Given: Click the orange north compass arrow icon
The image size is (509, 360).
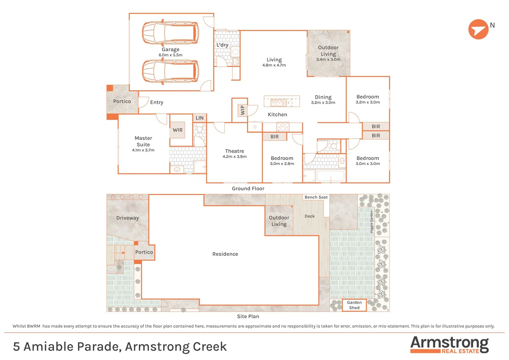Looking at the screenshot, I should [478, 29].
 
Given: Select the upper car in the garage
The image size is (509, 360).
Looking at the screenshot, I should [170, 33].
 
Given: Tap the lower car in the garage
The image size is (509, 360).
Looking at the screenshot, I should [170, 71].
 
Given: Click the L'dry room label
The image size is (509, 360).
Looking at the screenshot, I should [222, 45].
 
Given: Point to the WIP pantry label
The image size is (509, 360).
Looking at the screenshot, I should [243, 110].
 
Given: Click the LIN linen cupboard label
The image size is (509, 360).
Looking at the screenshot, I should [200, 118].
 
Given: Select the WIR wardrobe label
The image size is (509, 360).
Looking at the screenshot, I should [178, 130].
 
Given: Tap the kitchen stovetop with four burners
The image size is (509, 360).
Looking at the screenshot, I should [282, 127].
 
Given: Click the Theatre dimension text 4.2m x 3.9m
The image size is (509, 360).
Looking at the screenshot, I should [235, 157].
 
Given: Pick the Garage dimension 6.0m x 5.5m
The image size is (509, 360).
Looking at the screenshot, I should [170, 55].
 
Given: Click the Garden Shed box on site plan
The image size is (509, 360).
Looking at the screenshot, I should [354, 305].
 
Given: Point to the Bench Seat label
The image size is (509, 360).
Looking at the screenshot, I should [316, 197].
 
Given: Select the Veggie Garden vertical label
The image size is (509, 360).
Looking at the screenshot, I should [372, 222].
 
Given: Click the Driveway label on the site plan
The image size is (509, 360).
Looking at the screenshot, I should [127, 218].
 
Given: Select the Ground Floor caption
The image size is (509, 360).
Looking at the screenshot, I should [248, 189].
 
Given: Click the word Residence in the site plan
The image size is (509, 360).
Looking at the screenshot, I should [225, 254].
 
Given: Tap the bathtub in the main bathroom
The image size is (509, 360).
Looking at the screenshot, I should [330, 176].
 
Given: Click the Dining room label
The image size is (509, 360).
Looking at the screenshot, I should [323, 97].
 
